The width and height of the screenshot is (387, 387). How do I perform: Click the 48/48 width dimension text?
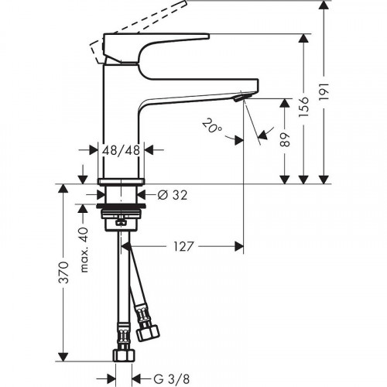120,152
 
